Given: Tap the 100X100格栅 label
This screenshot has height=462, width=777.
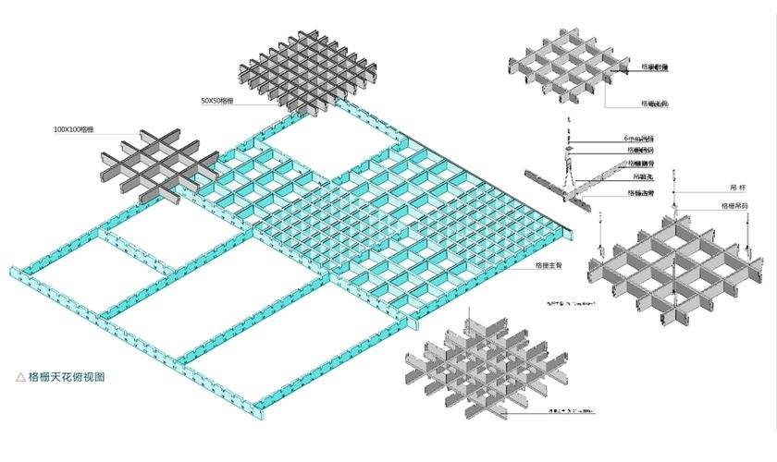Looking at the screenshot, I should pyautogui.click(x=74, y=130).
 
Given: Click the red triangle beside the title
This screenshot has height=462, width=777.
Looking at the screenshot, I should pyautogui.click(x=20, y=377).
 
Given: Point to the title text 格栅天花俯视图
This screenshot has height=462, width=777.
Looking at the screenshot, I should pyautogui.click(x=68, y=377).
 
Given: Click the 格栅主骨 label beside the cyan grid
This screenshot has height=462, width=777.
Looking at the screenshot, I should pyautogui.click(x=549, y=265).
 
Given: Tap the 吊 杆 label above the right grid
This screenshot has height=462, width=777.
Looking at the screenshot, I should pyautogui.click(x=737, y=188).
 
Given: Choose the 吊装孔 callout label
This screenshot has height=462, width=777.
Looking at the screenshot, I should pyautogui.click(x=640, y=176).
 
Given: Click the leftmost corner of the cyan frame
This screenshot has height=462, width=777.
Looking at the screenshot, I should pyautogui.click(x=13, y=272).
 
